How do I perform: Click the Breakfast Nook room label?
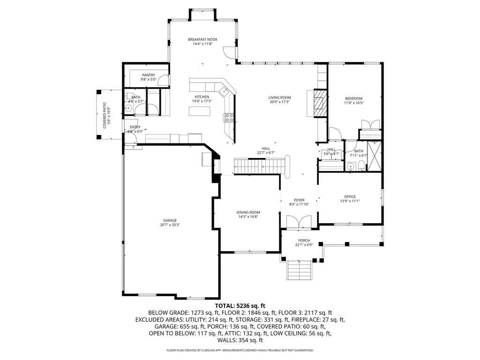202,39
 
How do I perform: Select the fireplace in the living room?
319,103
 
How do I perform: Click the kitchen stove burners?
229,118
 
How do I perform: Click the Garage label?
170,220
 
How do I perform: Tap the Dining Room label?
248,212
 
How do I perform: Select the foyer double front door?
299,222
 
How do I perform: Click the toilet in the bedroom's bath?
361,165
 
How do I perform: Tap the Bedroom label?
354,98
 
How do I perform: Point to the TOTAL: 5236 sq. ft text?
240,306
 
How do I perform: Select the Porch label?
304,240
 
